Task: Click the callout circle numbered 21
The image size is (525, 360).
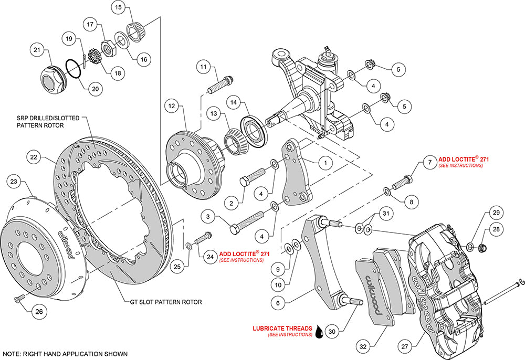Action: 37,51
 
